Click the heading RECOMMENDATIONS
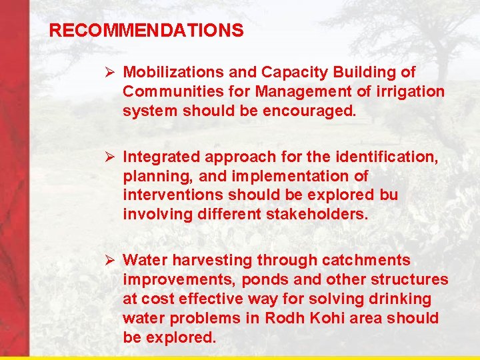147,31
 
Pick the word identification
390,157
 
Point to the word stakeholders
317,215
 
